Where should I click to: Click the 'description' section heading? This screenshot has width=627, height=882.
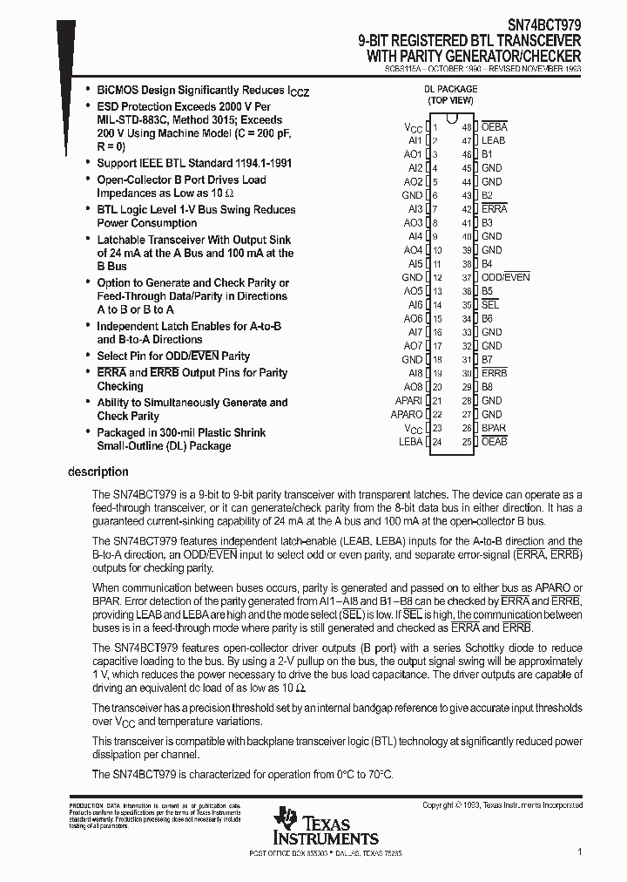point(98,472)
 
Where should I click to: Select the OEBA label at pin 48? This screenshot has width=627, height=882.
point(494,126)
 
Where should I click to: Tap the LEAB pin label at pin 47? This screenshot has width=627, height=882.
point(493,140)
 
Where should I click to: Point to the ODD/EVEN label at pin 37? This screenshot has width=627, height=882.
point(505,277)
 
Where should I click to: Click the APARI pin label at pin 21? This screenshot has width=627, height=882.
point(408,401)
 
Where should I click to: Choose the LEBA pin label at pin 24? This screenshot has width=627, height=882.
point(410,442)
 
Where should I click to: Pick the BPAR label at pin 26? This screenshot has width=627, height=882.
point(493,428)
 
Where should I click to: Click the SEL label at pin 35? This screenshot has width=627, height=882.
point(489,305)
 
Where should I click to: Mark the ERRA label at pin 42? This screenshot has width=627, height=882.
point(494,209)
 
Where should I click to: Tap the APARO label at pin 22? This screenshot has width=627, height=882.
point(407,415)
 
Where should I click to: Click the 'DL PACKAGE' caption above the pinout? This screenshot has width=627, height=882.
point(450,89)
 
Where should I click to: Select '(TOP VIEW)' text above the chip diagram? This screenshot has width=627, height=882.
point(450,101)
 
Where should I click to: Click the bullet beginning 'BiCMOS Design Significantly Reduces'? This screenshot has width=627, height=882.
point(202,90)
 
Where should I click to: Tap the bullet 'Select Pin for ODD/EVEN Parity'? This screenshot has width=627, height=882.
point(172,356)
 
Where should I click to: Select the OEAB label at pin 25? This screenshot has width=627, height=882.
point(494,442)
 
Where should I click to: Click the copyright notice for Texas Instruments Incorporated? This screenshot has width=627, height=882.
point(502,805)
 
